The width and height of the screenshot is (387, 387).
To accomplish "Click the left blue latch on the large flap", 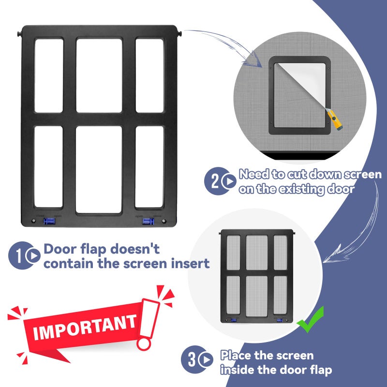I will [x=48, y=221].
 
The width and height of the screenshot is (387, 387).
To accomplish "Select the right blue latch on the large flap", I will [x=148, y=221].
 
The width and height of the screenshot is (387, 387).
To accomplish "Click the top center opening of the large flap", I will [x=99, y=75].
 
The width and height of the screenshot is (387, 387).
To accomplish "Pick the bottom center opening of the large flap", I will [x=99, y=169].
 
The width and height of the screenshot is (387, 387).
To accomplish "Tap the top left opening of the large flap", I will [x=48, y=75].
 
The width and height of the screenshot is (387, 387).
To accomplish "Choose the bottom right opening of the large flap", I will [x=149, y=167].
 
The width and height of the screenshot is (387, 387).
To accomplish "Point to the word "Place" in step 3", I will [x=236, y=356].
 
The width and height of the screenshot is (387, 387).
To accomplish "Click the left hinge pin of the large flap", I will [x=19, y=34].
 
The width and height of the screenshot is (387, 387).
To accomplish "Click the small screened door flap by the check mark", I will [x=256, y=276].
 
